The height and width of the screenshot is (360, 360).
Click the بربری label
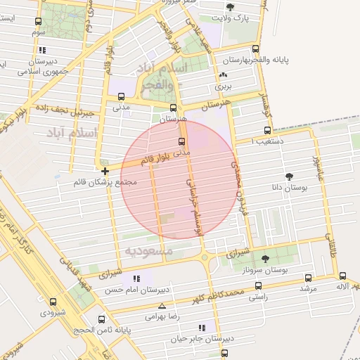pos(224,87)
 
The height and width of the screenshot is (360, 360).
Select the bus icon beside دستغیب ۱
pos(267,130)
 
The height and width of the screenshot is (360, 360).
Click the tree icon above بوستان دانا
pos(289,176)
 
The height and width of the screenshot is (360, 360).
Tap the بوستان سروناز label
pos(272,270)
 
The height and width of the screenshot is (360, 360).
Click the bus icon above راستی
pos(259,285)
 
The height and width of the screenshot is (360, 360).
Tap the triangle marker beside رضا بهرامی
pos(163,307)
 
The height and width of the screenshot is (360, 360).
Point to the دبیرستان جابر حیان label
pos(200,338)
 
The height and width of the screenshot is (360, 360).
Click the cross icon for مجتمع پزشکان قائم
pos(105,171)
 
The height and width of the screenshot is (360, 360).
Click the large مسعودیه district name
pos(148,250)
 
